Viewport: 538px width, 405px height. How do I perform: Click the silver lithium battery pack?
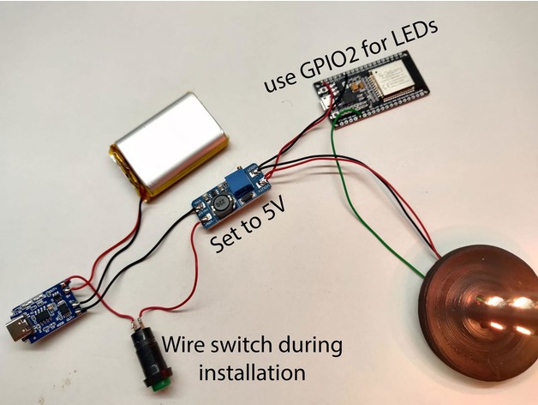click(170, 146)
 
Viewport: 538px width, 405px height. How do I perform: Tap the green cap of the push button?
click(158, 388)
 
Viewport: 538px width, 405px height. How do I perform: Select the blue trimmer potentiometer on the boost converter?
click(239, 181)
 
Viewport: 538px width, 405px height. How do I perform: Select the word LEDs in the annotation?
click(411, 36)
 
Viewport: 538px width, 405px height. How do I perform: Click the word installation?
click(252, 372)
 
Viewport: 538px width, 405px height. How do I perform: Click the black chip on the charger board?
click(43, 316)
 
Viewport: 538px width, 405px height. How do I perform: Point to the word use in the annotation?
click(279, 83)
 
